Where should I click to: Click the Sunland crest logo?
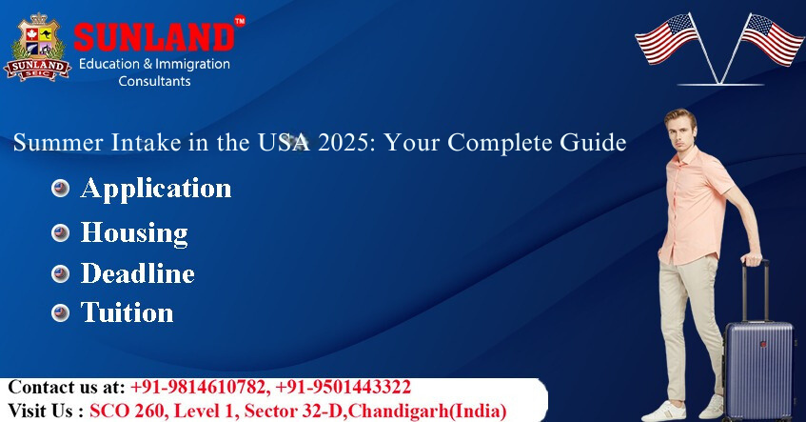(36, 48)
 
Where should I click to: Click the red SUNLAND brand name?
(154, 37)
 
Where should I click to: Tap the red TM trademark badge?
(240, 21)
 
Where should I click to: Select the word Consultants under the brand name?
(154, 81)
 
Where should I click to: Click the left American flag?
(667, 39)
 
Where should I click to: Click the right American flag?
(771, 39)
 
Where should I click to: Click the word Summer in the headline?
(58, 143)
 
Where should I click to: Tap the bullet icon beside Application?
(60, 189)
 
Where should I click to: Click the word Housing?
(134, 232)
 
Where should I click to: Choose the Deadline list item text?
(138, 272)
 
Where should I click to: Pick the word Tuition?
(127, 311)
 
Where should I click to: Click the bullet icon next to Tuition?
(60, 312)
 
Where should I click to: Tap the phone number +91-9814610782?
(200, 387)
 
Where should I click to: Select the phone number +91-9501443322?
(344, 387)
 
